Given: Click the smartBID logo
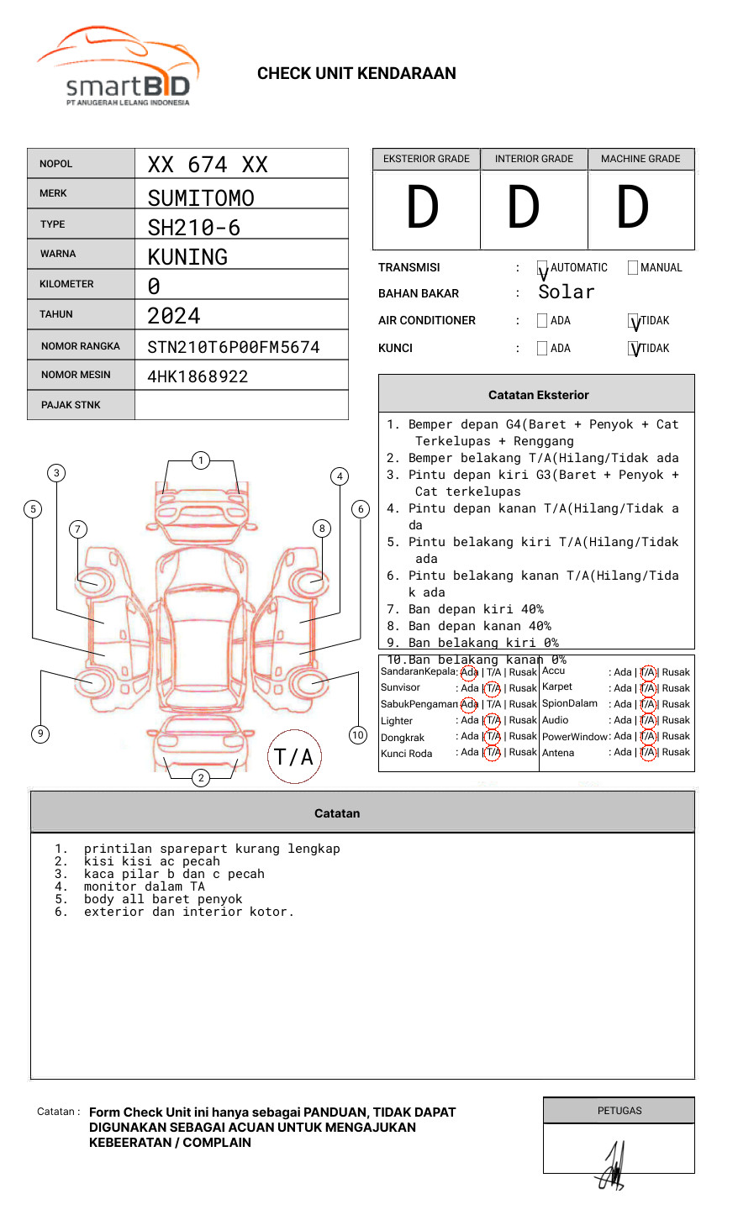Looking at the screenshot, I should click(x=118, y=69).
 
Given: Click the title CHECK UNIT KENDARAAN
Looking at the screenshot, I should click(x=356, y=74).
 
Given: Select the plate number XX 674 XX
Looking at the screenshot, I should click(x=208, y=165).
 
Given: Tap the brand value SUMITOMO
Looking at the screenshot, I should click(x=201, y=198).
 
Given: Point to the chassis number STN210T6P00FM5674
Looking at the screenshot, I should click(x=234, y=347).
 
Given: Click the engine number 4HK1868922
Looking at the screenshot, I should click(x=198, y=376).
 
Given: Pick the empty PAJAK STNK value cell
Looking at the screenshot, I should click(x=241, y=405).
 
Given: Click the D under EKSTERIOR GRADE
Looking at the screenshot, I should click(x=423, y=208).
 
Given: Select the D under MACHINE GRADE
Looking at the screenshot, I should click(x=633, y=208).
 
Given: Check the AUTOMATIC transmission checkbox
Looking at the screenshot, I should click(x=542, y=268).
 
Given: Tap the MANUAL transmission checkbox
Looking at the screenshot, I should click(x=633, y=267).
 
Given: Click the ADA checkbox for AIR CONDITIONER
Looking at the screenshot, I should click(x=542, y=320).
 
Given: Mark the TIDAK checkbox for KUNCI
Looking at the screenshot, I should click(x=633, y=348).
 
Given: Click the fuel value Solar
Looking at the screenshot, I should click(x=566, y=292).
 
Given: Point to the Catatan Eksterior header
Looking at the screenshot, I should click(x=538, y=395).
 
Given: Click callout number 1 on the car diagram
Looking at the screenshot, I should click(x=200, y=460).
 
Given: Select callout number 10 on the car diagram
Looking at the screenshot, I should click(x=358, y=735).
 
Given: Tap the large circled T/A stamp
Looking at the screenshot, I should click(x=294, y=757).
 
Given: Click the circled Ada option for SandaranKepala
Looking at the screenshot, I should click(x=469, y=672).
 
